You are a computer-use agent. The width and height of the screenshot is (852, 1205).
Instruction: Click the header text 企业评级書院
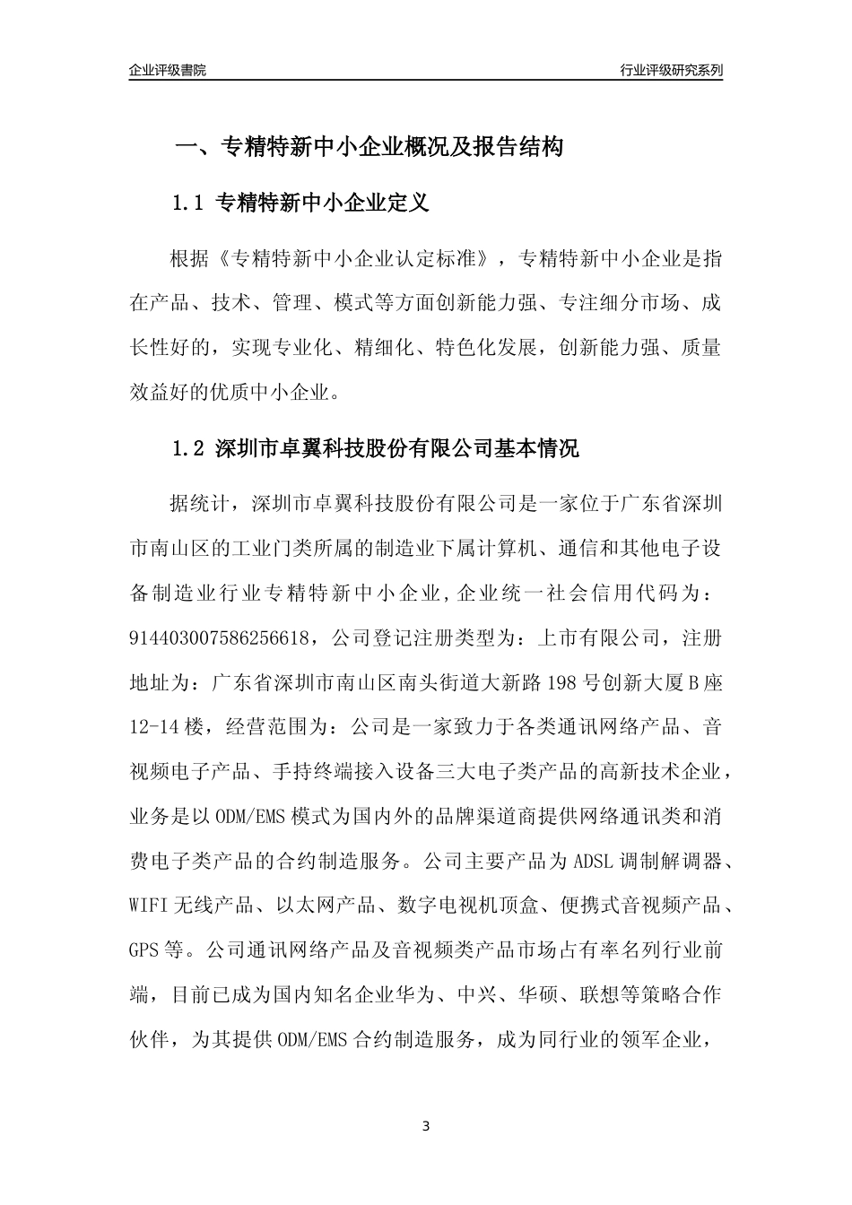(168, 70)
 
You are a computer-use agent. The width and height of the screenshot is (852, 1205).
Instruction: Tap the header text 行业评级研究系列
(671, 70)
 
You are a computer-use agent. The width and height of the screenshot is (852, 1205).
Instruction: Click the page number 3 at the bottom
(426, 1126)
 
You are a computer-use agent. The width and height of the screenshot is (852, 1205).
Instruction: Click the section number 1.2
(188, 448)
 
